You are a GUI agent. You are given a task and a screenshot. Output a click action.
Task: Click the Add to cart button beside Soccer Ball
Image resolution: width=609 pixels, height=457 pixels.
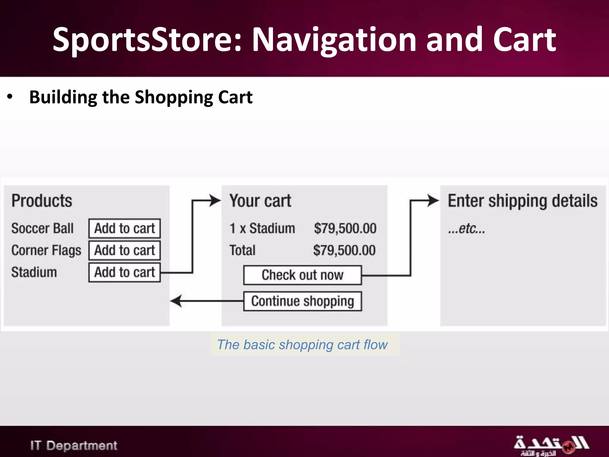point(125,228)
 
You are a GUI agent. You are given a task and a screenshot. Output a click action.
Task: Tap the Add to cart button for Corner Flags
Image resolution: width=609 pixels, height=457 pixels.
point(125,250)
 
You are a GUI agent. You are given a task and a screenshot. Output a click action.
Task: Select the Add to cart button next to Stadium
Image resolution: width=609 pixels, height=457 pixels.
point(125,272)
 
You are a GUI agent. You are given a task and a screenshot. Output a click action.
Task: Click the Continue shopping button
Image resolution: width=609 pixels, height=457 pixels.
point(302,301)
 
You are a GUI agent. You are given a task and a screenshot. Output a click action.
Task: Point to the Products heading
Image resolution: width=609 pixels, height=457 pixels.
point(42,201)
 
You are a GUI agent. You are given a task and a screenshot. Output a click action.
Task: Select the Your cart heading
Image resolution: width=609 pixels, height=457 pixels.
point(260,201)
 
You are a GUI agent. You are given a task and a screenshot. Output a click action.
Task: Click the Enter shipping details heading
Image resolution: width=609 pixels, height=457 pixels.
point(522,201)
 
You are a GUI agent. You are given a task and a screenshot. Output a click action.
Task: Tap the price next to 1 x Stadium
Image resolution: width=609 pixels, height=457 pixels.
point(345,228)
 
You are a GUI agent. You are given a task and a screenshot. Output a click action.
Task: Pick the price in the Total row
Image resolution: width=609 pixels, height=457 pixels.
point(344,250)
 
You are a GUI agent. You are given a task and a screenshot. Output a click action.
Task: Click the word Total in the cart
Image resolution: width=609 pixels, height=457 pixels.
point(242,250)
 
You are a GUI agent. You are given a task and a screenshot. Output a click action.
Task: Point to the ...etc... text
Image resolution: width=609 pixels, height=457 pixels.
point(466,228)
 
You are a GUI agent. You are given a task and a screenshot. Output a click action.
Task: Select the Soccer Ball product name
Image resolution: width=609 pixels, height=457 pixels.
point(42,228)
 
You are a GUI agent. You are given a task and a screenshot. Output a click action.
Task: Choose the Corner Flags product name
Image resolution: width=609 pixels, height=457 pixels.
point(46,250)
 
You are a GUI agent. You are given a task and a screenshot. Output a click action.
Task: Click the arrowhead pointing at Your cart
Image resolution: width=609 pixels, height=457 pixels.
point(215,201)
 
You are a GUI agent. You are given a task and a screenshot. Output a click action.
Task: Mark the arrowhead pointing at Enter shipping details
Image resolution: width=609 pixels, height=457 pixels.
point(433,201)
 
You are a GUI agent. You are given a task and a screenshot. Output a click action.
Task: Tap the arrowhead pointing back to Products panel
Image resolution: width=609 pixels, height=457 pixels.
point(176,301)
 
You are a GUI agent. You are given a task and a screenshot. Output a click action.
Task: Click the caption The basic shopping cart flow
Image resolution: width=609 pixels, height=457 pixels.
point(302,345)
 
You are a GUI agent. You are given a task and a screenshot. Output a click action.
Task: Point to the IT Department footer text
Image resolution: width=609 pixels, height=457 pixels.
point(73,445)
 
